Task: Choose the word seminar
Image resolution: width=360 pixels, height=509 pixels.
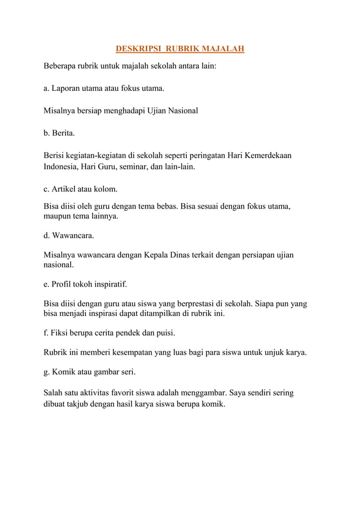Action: click(131, 167)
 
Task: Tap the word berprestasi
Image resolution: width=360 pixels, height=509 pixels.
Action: click(193, 304)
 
